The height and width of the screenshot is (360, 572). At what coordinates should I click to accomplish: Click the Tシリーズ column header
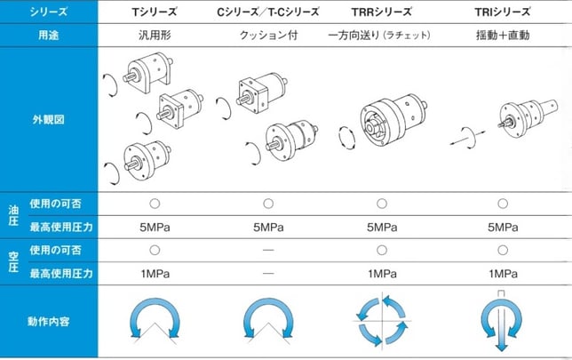pos(155,12)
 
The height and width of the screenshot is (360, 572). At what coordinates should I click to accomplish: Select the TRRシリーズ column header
pos(382,12)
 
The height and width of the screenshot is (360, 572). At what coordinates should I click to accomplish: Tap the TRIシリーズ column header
pos(503,12)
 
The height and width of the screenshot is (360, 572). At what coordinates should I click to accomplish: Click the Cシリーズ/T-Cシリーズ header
pos(268,12)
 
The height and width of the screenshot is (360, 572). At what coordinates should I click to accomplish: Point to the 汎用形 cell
pos(155,35)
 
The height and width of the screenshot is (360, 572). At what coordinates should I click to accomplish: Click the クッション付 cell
pos(268,35)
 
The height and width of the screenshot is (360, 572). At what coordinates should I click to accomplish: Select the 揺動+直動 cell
pos(503,35)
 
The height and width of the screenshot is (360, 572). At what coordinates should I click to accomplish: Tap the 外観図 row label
pos(49,119)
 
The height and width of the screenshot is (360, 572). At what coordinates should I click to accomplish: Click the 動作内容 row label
pos(49,321)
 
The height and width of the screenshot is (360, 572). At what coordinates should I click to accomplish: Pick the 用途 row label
pos(49,35)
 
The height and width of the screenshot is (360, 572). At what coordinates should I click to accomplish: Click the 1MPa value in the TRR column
pos(382,274)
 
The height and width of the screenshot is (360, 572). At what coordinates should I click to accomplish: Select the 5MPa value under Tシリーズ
pos(155,228)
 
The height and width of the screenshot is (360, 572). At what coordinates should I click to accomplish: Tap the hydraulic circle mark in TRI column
pos(503,204)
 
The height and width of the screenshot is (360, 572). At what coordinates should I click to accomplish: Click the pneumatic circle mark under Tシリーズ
pos(155,250)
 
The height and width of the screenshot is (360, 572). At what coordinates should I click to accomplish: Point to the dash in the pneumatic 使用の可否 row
pos(268,250)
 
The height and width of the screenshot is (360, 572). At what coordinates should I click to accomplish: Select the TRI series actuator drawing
pos(528,118)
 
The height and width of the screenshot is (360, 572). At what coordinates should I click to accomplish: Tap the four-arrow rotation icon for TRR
pos(382,321)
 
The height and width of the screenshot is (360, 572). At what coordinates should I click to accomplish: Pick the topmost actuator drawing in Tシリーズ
pos(147,72)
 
